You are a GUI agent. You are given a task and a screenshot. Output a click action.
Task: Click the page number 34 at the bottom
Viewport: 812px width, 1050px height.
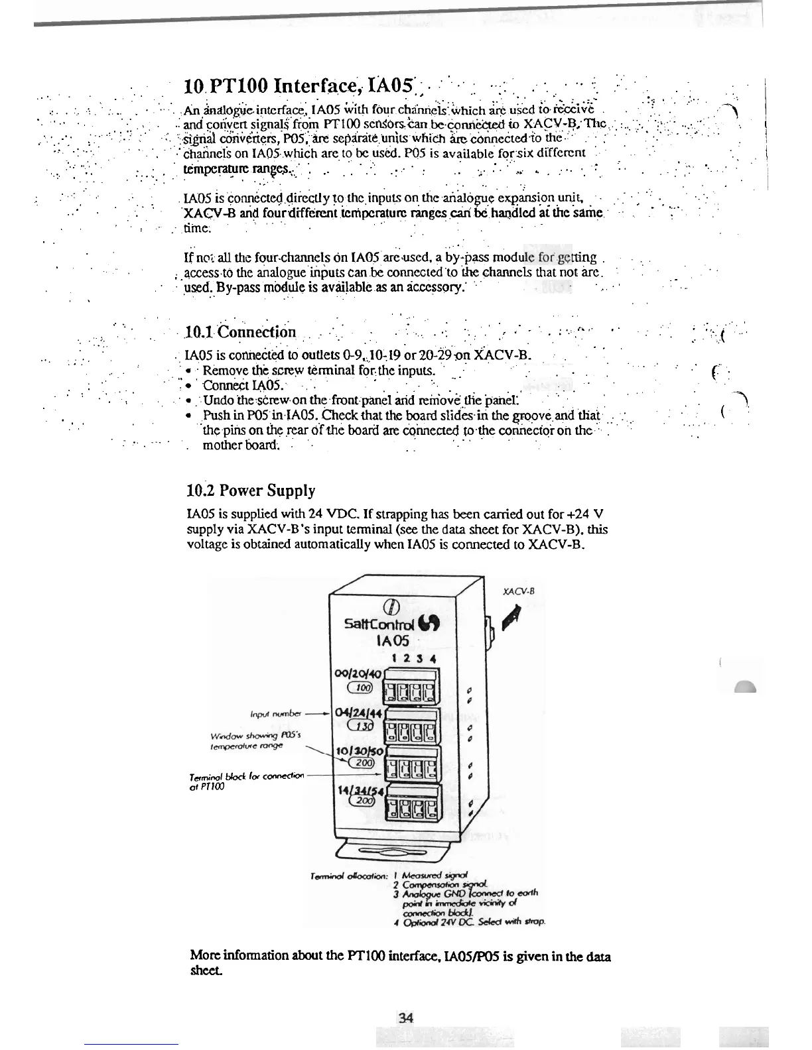[405, 1018]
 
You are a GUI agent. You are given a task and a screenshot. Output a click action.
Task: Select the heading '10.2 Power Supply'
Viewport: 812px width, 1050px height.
[251, 491]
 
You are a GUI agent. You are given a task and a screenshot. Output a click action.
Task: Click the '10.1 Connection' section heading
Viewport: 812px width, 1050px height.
[240, 331]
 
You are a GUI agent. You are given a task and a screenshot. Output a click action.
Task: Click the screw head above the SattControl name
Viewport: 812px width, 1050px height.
[392, 607]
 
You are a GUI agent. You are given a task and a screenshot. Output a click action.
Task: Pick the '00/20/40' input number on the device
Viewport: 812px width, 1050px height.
[357, 673]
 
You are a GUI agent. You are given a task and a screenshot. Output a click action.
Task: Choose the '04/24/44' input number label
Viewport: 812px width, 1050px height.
[358, 713]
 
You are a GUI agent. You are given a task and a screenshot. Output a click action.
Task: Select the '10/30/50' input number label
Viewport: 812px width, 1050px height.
[358, 751]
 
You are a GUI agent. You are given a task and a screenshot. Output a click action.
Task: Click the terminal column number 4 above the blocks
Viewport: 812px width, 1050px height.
[432, 659]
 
